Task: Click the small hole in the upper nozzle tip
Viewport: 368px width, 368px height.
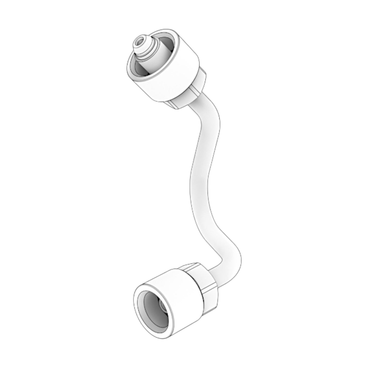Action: (140, 41)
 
